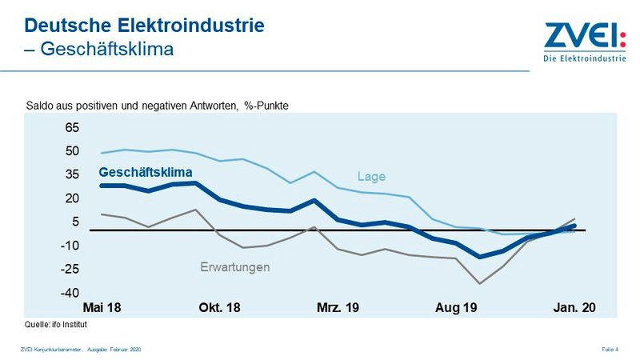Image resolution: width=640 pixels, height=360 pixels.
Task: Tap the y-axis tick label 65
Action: [x=72, y=127]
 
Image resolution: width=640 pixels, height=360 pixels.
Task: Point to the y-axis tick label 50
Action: [x=72, y=151]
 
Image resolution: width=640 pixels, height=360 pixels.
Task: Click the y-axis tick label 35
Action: [x=72, y=174]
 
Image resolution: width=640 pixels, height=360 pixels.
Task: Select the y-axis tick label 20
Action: [x=72, y=198]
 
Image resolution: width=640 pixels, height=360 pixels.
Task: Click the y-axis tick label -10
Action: [x=70, y=246]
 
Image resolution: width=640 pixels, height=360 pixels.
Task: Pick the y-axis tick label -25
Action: [x=70, y=270]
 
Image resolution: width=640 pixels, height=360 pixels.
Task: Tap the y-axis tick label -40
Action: [x=70, y=293]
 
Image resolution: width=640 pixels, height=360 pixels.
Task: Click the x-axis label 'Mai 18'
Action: [x=102, y=308]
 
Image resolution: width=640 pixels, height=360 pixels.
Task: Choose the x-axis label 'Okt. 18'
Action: [x=219, y=308]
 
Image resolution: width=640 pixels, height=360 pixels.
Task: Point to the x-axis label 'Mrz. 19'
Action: [x=337, y=308]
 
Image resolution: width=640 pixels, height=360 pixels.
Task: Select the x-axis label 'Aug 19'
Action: [x=456, y=308]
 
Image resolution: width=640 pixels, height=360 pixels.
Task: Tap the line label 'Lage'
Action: [x=370, y=177]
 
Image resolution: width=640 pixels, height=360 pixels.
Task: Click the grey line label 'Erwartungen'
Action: [x=234, y=267]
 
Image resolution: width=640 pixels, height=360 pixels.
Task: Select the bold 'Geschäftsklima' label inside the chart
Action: [x=146, y=171]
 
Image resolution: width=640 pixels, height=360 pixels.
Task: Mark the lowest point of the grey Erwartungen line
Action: [x=480, y=283]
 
